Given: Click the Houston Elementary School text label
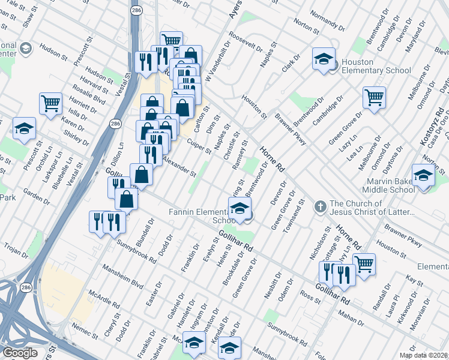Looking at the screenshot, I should [375, 66].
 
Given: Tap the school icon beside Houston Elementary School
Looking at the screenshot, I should [323, 60].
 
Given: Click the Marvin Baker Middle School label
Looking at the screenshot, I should [390, 185].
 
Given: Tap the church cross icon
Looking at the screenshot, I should [320, 206].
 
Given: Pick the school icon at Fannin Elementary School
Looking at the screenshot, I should [239, 209].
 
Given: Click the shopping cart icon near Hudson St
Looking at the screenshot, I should [50, 103].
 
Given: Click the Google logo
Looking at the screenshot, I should [20, 353].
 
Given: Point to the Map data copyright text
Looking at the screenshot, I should [424, 355].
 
